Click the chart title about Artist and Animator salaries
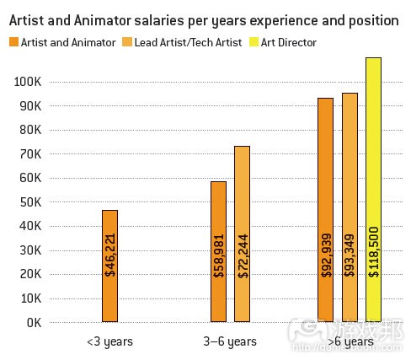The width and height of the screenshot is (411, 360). click(204, 19)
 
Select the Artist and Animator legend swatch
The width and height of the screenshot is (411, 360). click(14, 42)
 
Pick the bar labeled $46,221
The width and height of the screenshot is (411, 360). click(109, 266)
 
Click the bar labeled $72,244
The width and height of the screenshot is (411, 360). click(242, 234)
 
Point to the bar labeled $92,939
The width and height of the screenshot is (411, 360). click(325, 210)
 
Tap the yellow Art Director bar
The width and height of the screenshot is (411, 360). click(373, 190)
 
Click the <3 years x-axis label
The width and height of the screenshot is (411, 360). click(109, 341)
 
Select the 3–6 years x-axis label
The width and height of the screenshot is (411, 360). click(230, 341)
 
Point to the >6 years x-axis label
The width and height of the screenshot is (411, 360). click(350, 341)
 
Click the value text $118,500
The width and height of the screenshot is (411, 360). click(373, 250)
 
